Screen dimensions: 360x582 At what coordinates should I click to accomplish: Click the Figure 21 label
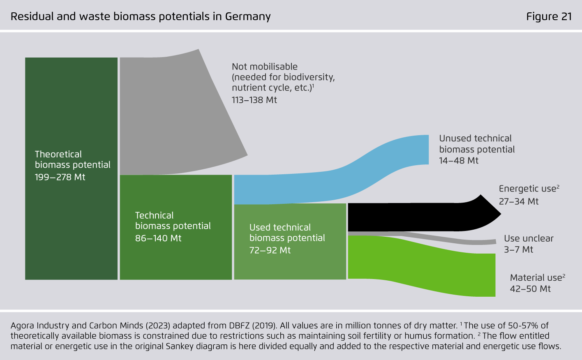click(x=549, y=16)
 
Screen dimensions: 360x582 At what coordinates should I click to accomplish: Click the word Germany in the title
click(x=248, y=17)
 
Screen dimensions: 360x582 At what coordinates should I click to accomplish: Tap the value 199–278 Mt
click(x=60, y=177)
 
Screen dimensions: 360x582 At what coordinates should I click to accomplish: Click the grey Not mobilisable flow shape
click(x=173, y=111)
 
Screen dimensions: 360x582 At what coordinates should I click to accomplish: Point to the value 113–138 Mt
click(x=254, y=100)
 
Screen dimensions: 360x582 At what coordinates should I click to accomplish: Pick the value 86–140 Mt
click(x=158, y=238)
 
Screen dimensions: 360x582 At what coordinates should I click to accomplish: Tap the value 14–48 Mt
click(x=459, y=161)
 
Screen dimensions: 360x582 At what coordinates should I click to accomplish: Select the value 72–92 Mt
click(x=270, y=250)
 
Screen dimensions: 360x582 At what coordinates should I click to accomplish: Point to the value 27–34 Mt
click(x=519, y=201)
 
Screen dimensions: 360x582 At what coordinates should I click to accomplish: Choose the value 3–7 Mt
click(x=518, y=249)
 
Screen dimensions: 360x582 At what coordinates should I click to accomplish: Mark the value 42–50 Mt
click(x=530, y=289)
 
